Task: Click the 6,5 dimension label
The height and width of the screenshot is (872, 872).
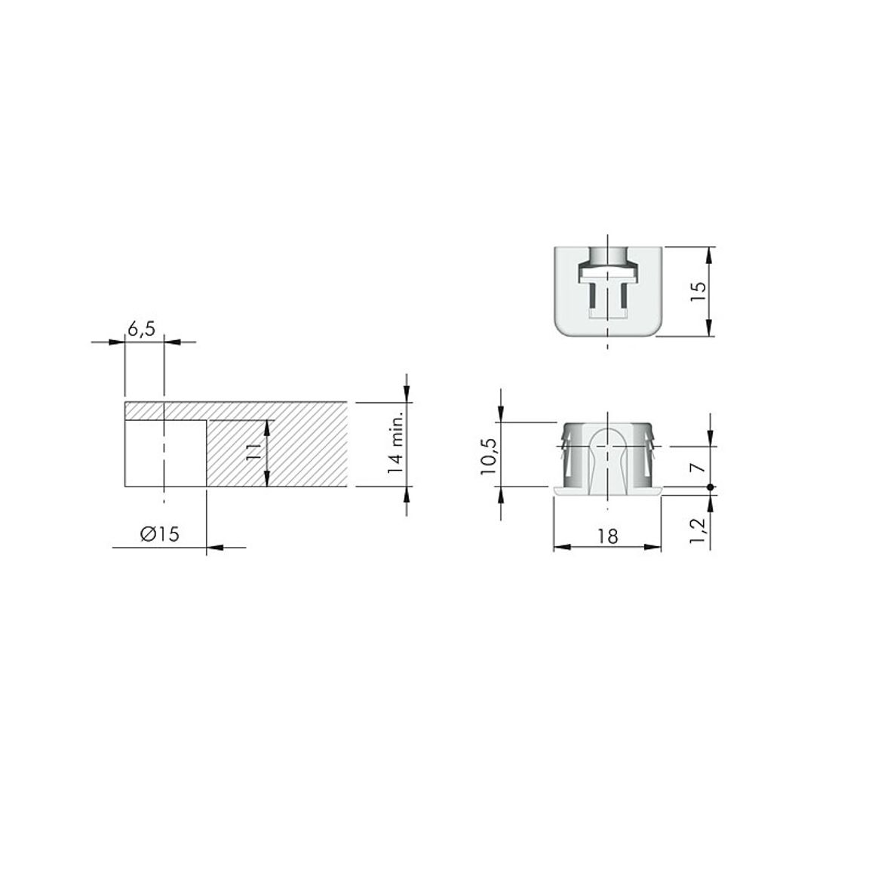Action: pyautogui.click(x=141, y=330)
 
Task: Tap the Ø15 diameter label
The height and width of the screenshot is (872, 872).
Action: pyautogui.click(x=160, y=534)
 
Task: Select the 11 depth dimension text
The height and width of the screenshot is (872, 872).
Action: pyautogui.click(x=253, y=452)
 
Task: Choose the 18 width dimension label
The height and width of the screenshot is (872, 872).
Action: pyautogui.click(x=607, y=536)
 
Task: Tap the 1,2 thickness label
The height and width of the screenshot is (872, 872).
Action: pyautogui.click(x=698, y=531)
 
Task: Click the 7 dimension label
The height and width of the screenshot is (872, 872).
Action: pyautogui.click(x=698, y=466)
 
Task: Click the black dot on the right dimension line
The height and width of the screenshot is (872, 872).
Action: pyautogui.click(x=710, y=487)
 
